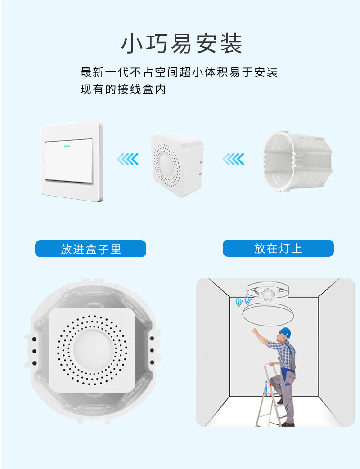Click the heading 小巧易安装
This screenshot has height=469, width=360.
(182, 44)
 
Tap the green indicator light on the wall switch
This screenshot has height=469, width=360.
(67, 145)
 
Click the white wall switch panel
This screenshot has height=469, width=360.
(72, 161)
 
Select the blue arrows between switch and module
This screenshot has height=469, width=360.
(128, 159)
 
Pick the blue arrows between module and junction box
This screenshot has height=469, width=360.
(234, 159)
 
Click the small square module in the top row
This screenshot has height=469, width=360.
(176, 165)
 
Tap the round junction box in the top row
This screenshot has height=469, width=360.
(297, 161)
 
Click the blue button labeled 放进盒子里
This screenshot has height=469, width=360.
(90, 249)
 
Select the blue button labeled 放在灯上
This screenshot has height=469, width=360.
(278, 248)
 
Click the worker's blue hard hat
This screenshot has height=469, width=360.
(285, 332)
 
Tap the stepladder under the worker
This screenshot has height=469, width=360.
(269, 396)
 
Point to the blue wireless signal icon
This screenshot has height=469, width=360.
(243, 301)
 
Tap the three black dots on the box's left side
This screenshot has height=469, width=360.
(33, 350)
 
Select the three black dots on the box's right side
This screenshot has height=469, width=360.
(152, 350)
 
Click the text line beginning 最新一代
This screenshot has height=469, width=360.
(179, 72)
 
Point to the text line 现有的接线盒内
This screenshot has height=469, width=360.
(123, 89)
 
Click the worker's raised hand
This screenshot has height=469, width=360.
(255, 331)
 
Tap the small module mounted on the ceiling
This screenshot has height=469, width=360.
(268, 294)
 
